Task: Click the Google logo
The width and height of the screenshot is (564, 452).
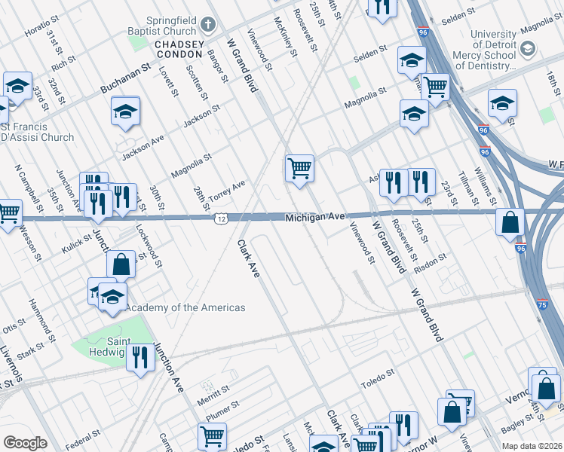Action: click(x=25, y=443)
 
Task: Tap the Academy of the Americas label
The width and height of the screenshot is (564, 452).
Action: click(x=185, y=307)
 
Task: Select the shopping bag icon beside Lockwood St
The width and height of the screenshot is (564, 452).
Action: click(x=121, y=264)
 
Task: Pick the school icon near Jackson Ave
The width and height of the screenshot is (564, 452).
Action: click(x=126, y=112)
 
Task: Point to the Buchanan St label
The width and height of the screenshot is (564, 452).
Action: click(x=123, y=81)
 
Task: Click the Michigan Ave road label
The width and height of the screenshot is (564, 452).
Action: click(x=314, y=217)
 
